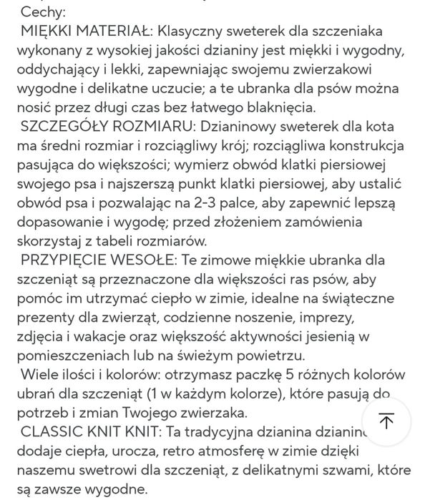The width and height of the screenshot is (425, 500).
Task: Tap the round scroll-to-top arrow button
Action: (386, 421)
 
